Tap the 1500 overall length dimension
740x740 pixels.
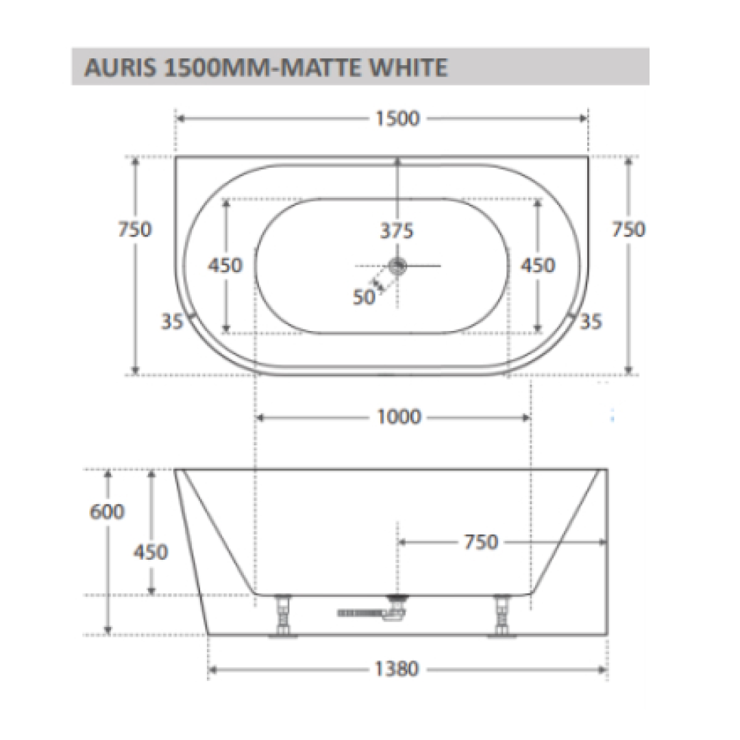coord(397,119)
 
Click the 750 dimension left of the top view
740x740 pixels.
coord(134,229)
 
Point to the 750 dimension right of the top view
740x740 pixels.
coord(628,229)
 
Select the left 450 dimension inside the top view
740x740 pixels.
coord(225,265)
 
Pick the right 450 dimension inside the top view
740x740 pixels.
coord(537,265)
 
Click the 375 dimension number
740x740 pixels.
coord(397,231)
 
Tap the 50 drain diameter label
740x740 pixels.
coord(365,297)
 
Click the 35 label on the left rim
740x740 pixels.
coord(173,321)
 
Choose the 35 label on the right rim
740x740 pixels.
coord(591,321)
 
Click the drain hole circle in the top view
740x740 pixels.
coord(397,266)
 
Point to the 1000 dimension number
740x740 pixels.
coord(399,417)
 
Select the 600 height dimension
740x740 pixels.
coord(107,511)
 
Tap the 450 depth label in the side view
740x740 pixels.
coord(150,551)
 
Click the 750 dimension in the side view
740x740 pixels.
coord(480,542)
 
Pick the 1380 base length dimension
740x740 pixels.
coord(397,669)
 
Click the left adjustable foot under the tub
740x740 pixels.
coord(282,617)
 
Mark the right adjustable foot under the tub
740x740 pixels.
coord(502,617)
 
